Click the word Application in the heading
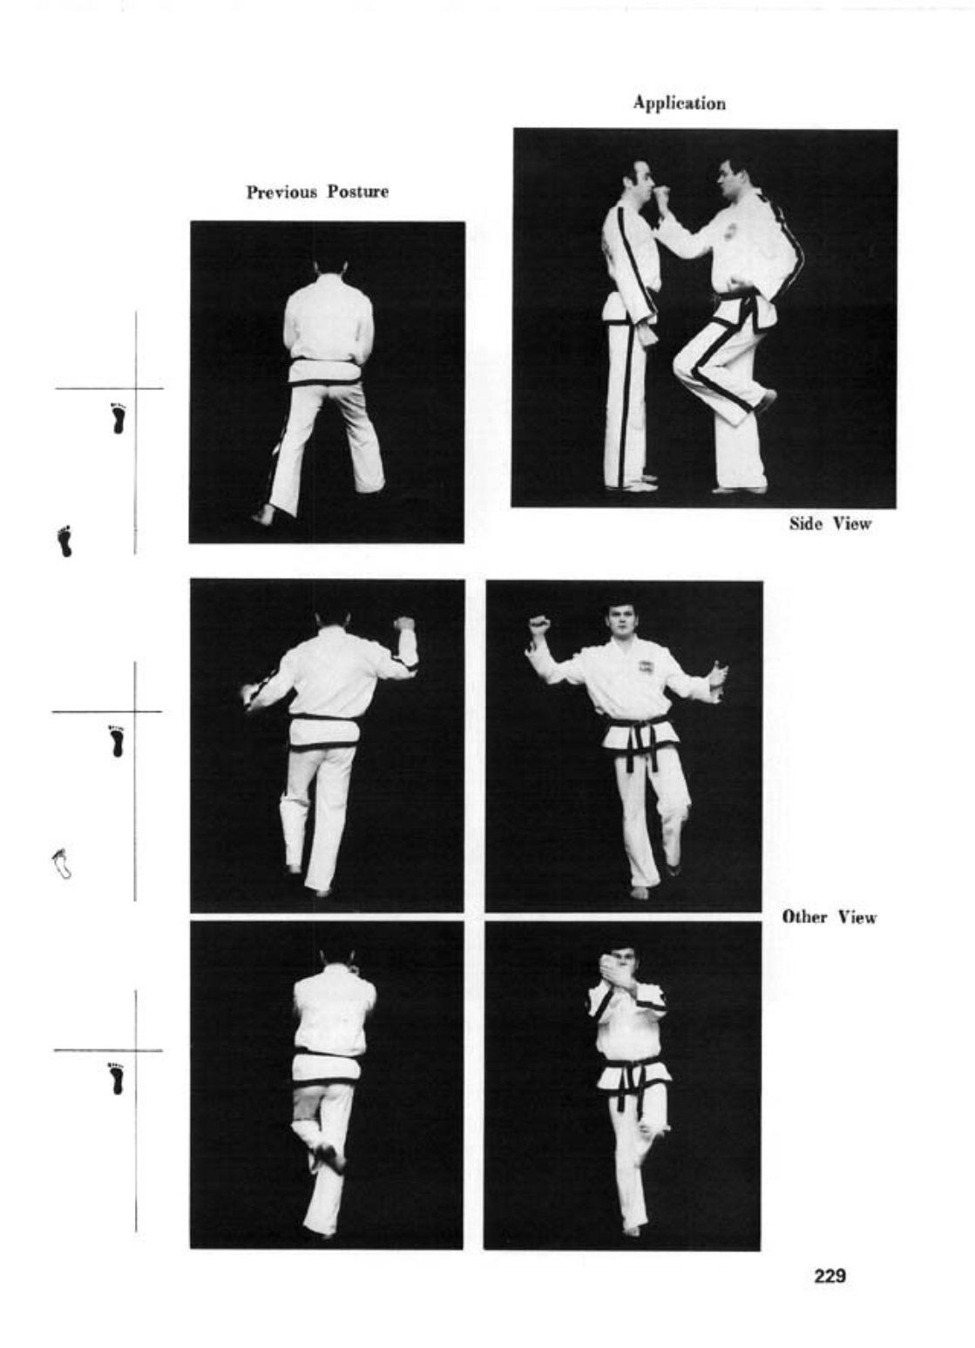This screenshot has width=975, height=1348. point(679,104)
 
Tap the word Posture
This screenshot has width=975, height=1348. point(358,192)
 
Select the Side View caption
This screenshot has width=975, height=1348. point(830,524)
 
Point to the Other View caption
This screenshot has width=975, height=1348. point(829,917)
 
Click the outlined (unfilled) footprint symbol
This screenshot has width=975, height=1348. point(61,864)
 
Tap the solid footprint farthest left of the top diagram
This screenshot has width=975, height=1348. point(64,541)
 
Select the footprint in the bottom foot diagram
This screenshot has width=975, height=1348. point(116,1079)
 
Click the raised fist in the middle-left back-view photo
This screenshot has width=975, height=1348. point(405,623)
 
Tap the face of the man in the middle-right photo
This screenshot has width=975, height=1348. point(620,619)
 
